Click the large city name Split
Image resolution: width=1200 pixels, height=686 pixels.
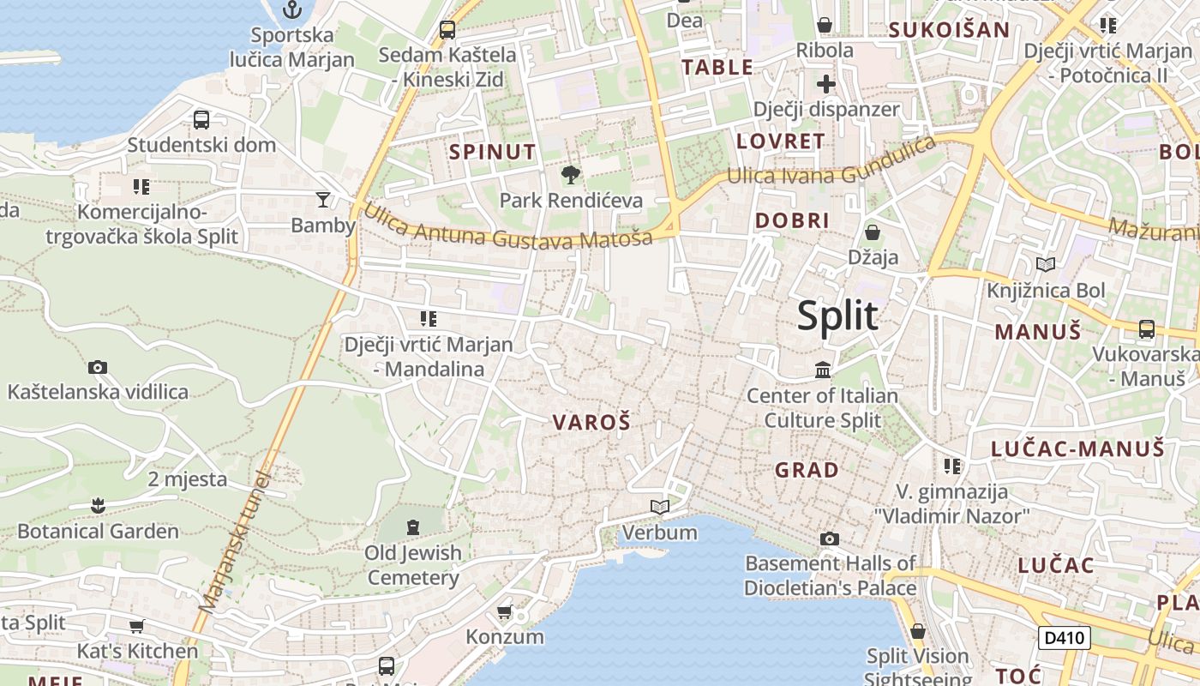tap(837, 316)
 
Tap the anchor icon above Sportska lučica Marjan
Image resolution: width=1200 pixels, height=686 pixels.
tap(292, 9)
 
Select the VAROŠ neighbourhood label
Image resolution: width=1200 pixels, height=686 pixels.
tap(591, 422)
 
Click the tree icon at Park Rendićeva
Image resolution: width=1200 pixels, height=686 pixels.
tap(570, 176)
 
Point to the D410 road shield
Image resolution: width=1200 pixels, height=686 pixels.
tap(1064, 637)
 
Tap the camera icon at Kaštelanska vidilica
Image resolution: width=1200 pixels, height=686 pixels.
tap(98, 367)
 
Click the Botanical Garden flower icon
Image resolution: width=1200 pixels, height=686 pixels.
tap(98, 506)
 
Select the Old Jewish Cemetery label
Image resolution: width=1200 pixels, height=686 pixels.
tap(413, 565)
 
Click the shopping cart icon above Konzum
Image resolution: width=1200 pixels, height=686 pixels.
tap(505, 611)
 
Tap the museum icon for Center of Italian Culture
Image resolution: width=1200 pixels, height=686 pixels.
tap(823, 370)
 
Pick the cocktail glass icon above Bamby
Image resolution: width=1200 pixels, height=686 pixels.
tap(322, 200)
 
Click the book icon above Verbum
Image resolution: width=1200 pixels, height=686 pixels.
tap(659, 508)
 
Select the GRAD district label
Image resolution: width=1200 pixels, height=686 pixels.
tap(807, 470)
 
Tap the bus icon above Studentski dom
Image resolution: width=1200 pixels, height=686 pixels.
tap(201, 120)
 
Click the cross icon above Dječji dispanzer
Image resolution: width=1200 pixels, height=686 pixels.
tap(825, 84)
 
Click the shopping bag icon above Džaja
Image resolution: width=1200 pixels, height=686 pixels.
tap(873, 232)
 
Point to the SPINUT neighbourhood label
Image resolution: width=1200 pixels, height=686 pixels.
tap(493, 153)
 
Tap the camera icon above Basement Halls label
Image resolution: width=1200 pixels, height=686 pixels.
tap(830, 539)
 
